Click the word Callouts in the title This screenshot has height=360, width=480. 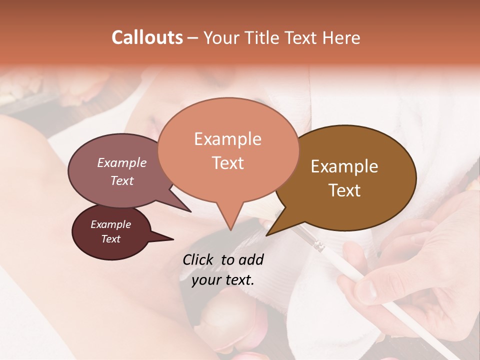tap(147, 37)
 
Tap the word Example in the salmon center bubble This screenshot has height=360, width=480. tap(227, 139)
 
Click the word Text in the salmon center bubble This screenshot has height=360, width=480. tap(227, 163)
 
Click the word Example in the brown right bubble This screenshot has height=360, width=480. tap(344, 166)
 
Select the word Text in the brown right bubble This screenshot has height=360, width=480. tap(344, 190)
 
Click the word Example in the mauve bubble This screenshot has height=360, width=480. tap(121, 162)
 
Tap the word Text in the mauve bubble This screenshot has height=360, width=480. tap(121, 180)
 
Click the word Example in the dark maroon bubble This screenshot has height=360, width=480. tap(110, 224)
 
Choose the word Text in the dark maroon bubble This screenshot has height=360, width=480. tap(110, 239)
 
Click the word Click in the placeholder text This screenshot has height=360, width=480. tap(198, 259)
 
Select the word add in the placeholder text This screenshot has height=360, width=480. tap(251, 259)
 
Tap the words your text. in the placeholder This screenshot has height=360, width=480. tap(223, 280)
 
